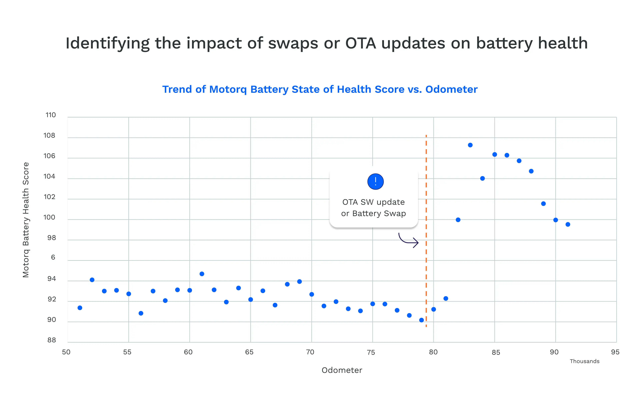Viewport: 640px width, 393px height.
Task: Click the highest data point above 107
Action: [x=470, y=145]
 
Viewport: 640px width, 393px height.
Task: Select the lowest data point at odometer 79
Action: [x=421, y=320]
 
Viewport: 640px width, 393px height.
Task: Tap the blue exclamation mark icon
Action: [x=375, y=181]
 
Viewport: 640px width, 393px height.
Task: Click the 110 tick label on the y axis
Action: [x=50, y=115]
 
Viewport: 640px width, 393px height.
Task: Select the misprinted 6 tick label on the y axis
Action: [x=53, y=257]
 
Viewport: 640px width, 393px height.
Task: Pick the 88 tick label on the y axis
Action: [x=51, y=340]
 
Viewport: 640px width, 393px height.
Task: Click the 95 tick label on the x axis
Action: [x=615, y=352]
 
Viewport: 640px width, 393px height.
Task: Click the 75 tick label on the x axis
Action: [x=371, y=353]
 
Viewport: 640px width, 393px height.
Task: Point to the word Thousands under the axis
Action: [x=584, y=361]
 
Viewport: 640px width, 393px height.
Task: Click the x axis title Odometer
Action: [x=342, y=370]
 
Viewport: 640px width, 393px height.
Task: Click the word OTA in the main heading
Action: [x=360, y=43]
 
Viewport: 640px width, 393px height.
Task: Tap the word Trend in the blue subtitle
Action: [x=177, y=89]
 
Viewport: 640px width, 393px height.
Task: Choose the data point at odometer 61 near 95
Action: [x=202, y=274]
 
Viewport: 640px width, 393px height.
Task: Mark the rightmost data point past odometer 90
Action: [x=568, y=224]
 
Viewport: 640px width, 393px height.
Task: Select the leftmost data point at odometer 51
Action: [x=80, y=308]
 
